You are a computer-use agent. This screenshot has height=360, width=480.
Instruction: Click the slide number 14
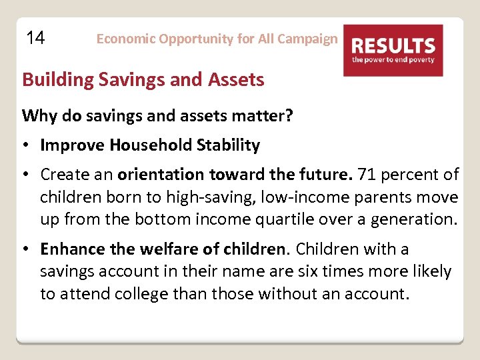click(x=35, y=38)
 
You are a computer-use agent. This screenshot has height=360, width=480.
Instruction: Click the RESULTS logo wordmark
click(x=393, y=46)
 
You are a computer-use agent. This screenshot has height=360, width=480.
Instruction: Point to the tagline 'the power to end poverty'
click(x=393, y=60)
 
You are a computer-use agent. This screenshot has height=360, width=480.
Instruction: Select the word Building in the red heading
click(x=58, y=80)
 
